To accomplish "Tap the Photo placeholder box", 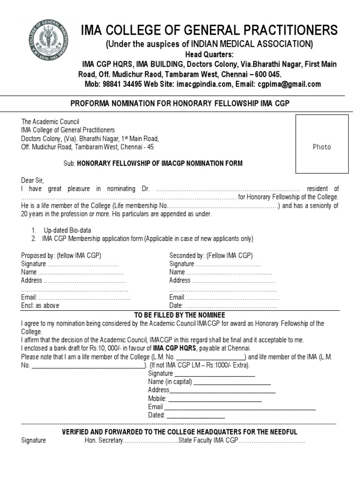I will (322, 143).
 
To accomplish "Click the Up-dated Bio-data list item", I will (67, 230).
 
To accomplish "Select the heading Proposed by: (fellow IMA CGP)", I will (61, 255).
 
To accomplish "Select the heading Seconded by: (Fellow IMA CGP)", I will (211, 255).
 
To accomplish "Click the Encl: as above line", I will (40, 306).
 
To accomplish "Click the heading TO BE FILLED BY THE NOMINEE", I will (180, 315).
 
